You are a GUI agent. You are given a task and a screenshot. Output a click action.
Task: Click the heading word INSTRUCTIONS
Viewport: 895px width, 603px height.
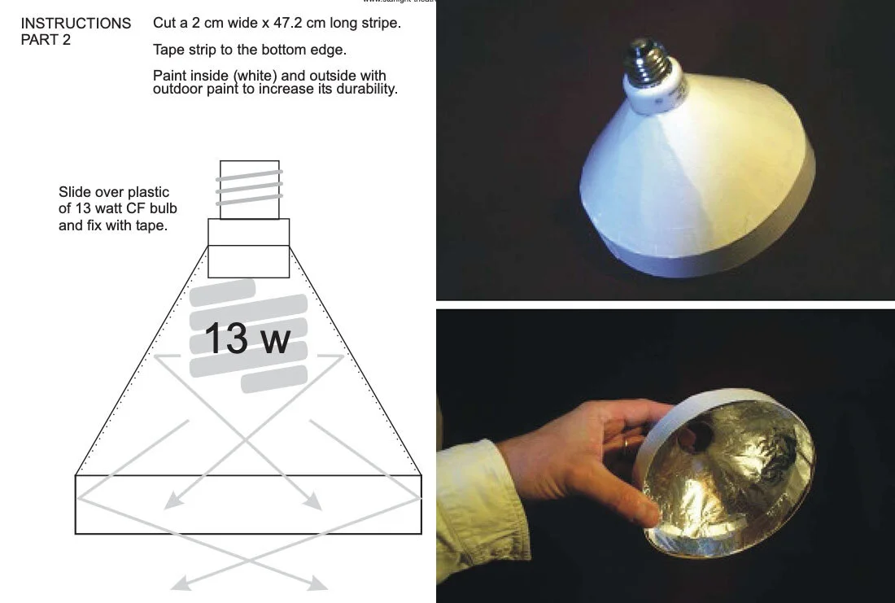[76, 24]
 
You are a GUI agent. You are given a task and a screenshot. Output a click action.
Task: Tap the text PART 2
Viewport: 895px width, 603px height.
[46, 40]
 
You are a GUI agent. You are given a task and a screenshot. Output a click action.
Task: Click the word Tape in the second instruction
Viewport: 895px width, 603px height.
[168, 50]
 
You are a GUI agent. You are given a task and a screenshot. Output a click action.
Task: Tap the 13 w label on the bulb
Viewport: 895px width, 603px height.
[246, 339]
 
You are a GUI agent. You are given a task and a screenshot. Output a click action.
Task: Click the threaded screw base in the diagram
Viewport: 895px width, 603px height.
[249, 189]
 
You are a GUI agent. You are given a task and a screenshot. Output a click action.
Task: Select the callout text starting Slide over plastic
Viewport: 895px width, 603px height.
[113, 208]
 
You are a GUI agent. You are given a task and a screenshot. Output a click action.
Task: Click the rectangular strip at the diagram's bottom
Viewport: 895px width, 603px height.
[248, 505]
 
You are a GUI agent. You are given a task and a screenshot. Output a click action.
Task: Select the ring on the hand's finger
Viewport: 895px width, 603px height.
[625, 444]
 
